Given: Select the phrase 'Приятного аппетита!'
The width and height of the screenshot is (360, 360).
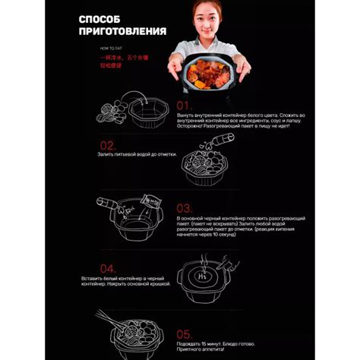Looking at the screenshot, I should (201, 350).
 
